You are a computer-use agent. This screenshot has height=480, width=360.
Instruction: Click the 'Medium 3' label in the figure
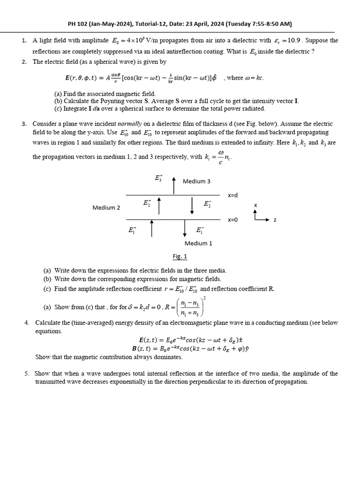click(196, 181)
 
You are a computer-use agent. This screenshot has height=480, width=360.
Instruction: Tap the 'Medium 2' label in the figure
click(106, 208)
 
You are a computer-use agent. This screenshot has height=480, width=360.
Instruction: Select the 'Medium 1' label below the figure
click(198, 243)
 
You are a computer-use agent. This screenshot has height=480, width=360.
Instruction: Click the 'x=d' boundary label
click(233, 195)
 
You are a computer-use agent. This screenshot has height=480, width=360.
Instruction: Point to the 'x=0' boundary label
click(233, 219)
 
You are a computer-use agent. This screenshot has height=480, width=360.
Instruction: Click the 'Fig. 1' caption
click(180, 256)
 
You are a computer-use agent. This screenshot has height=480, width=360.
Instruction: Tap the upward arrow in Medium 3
click(174, 185)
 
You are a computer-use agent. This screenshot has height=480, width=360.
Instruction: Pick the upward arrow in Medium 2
click(159, 205)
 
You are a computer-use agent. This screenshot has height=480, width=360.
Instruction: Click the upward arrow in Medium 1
click(151, 228)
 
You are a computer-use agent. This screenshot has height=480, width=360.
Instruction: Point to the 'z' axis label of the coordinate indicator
click(275, 220)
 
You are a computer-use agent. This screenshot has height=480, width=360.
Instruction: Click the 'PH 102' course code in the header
click(76, 24)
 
